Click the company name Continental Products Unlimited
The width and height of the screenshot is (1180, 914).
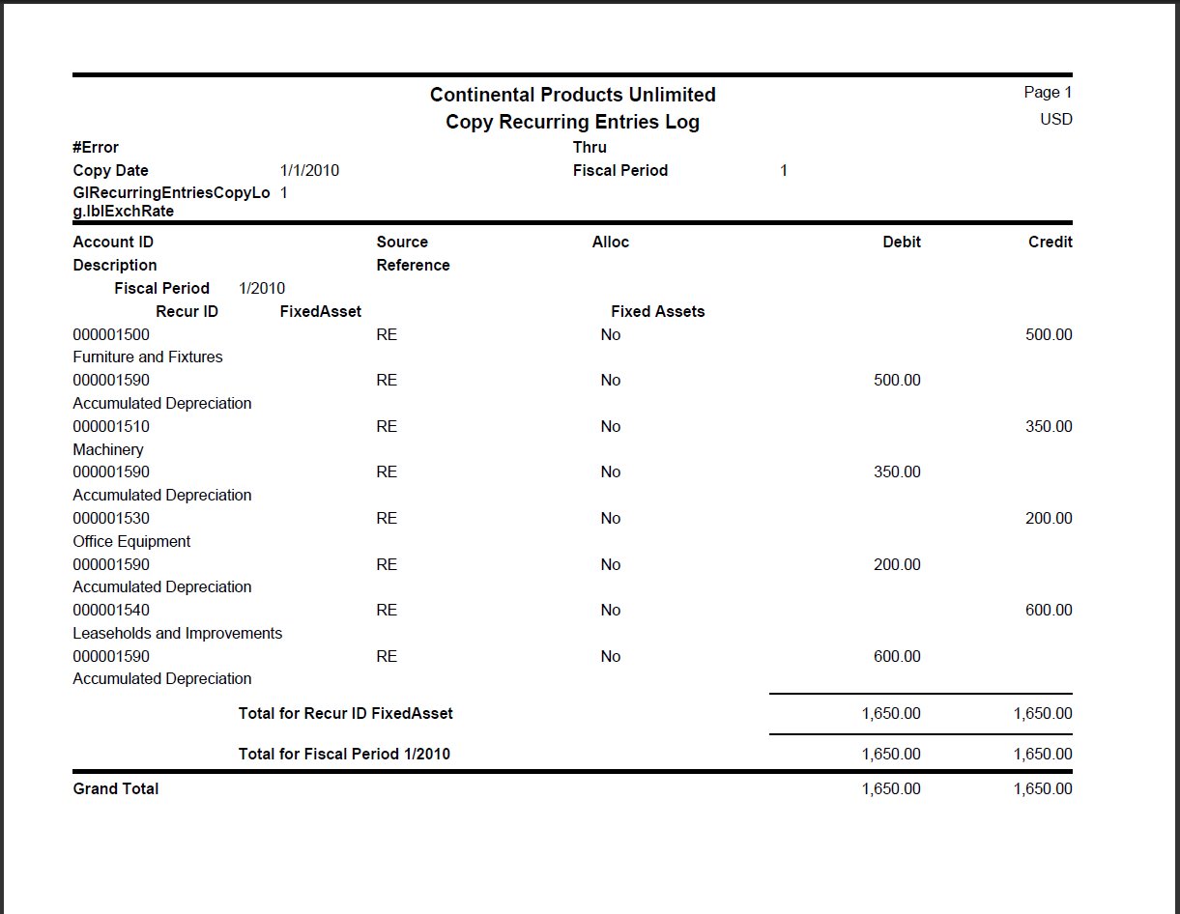(x=572, y=95)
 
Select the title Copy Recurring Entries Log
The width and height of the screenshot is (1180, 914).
(x=572, y=123)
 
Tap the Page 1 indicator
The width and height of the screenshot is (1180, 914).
(x=1048, y=93)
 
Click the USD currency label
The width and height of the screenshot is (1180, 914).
(x=1055, y=120)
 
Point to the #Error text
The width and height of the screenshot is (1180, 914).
(x=96, y=148)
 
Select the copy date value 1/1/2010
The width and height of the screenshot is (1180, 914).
(x=309, y=171)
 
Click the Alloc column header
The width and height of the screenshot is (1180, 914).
(x=610, y=243)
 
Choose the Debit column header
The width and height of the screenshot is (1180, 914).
(x=901, y=243)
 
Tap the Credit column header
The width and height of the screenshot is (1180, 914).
(x=1050, y=243)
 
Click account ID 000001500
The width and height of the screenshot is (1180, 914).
(x=111, y=335)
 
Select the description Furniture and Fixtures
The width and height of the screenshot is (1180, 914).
(x=148, y=357)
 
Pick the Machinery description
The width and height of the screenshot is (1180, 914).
(x=108, y=450)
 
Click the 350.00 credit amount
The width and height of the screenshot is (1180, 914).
(x=1048, y=427)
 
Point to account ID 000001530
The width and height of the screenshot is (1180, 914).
(x=111, y=519)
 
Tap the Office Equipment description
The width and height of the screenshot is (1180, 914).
(x=131, y=542)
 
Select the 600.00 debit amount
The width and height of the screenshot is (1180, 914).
(x=897, y=657)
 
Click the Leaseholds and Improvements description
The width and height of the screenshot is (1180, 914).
(x=178, y=634)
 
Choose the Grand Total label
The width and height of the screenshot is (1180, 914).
(x=116, y=789)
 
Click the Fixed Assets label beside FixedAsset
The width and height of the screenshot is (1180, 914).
(x=657, y=312)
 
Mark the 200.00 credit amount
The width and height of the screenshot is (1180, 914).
(x=1048, y=519)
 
